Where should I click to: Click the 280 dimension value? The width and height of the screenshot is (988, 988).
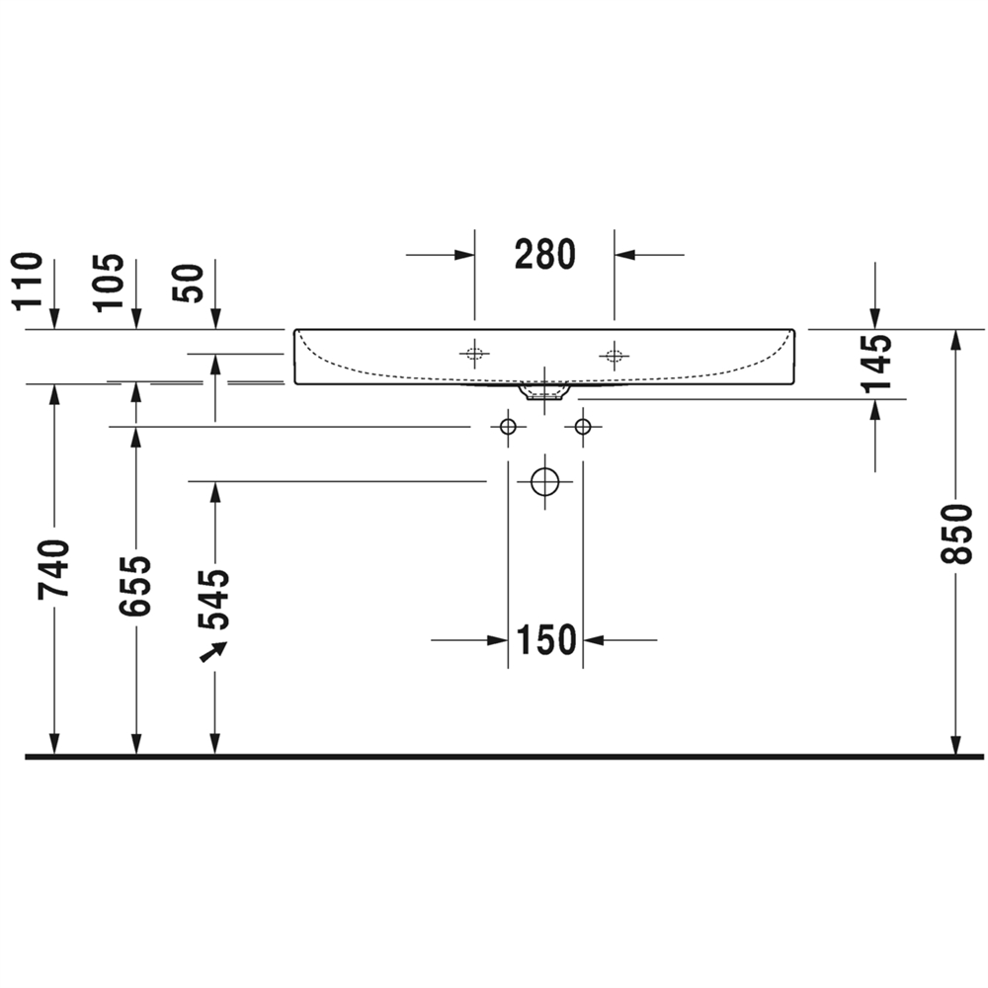[545, 255]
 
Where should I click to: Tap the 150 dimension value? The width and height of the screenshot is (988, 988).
[546, 640]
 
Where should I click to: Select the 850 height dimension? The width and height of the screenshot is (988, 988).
[956, 534]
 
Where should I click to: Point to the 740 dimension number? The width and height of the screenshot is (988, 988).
[53, 568]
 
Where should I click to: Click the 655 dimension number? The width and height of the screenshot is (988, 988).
[135, 586]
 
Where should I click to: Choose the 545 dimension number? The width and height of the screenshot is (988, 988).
[214, 600]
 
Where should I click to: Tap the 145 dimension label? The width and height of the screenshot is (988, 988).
[876, 364]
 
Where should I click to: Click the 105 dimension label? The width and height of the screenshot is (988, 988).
[109, 283]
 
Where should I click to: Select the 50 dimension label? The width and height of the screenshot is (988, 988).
[189, 284]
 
